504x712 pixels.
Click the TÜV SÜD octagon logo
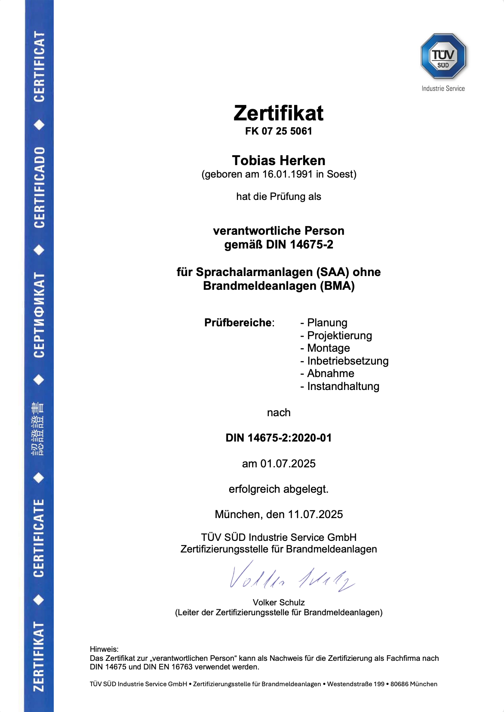pyautogui.click(x=443, y=56)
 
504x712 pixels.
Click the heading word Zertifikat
pyautogui.click(x=278, y=114)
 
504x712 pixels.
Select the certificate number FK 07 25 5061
pyautogui.click(x=278, y=131)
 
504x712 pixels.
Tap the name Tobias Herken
pyautogui.click(x=278, y=160)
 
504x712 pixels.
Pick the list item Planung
pyautogui.click(x=327, y=322)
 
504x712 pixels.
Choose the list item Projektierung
pyautogui.click(x=339, y=335)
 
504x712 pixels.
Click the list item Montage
pyautogui.click(x=328, y=348)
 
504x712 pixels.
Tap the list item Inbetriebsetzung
pyautogui.click(x=347, y=361)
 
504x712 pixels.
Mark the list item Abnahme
pyautogui.click(x=330, y=373)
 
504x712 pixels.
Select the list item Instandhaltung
pyautogui.click(x=343, y=386)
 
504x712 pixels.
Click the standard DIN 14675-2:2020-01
pyautogui.click(x=278, y=438)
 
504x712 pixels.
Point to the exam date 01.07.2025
pyautogui.click(x=288, y=463)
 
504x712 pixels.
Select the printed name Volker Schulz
pyautogui.click(x=278, y=602)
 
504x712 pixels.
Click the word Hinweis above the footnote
pyautogui.click(x=104, y=649)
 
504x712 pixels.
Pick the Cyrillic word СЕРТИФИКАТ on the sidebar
pyautogui.click(x=39, y=314)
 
